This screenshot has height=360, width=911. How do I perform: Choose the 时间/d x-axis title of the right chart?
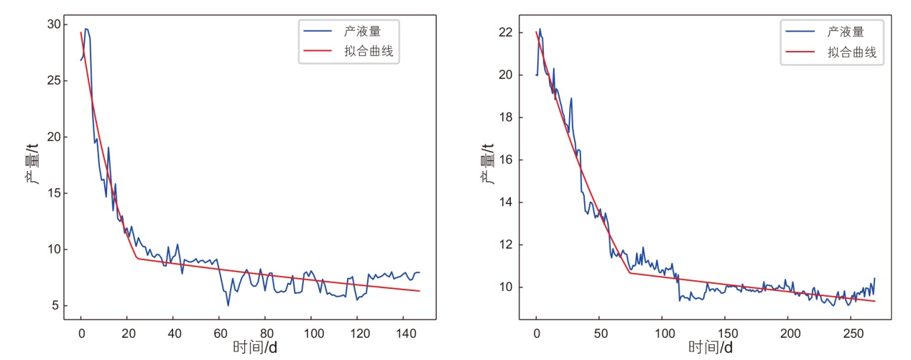pos(711,348)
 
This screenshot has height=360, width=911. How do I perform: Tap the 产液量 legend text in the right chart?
pos(845,32)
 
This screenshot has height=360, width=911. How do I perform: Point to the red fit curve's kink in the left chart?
pos(137,258)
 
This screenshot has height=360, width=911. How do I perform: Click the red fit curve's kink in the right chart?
pos(630,272)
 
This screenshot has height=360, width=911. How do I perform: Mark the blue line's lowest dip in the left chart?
pos(228,305)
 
